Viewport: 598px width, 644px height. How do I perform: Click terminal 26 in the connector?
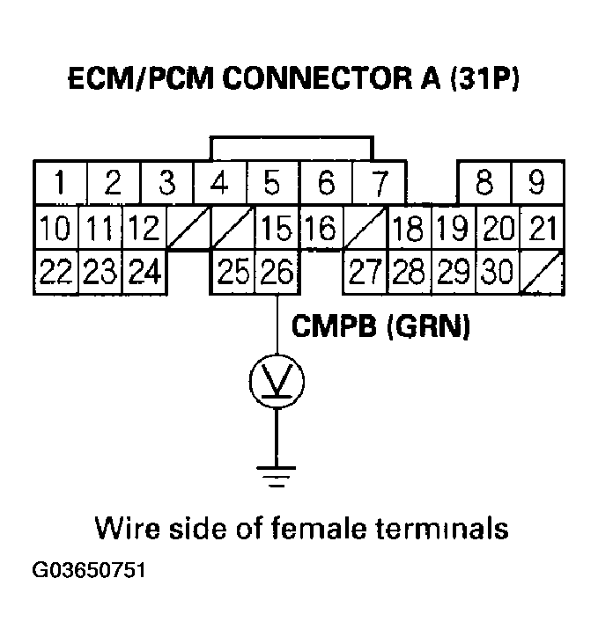(277, 273)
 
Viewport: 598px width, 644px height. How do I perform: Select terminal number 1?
(58, 184)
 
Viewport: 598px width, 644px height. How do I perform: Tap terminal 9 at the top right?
(536, 184)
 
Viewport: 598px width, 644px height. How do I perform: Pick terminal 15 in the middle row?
(277, 230)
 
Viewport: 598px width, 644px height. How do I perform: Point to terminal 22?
(55, 273)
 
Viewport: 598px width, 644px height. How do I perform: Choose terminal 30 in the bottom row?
(498, 273)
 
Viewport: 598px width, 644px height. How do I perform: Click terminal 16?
(321, 230)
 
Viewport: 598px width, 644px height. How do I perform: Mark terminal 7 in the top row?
(380, 184)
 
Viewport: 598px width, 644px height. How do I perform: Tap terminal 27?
(365, 273)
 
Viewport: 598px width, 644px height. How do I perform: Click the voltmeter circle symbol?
(277, 379)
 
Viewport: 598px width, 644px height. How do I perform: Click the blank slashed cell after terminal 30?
(540, 273)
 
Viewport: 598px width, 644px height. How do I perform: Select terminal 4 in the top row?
(220, 184)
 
